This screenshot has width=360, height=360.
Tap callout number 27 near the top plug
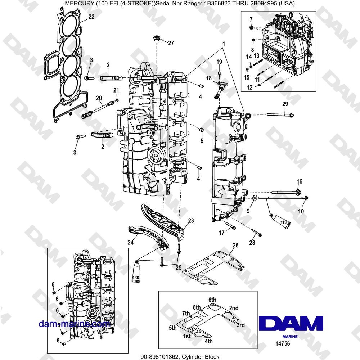(x=171, y=43)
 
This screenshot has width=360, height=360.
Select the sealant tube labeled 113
(x=281, y=221)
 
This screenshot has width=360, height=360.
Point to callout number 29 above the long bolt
(x=285, y=104)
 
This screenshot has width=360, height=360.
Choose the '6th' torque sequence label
(x=212, y=300)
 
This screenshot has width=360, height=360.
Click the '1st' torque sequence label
(x=187, y=336)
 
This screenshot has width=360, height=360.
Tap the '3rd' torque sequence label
(x=240, y=325)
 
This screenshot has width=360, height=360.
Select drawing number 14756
(x=282, y=344)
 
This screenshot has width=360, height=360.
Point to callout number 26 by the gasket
(x=235, y=246)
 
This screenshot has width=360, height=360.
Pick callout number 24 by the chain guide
(x=131, y=242)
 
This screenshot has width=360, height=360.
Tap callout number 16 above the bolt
(x=300, y=181)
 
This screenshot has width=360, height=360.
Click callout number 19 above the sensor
(x=219, y=62)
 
